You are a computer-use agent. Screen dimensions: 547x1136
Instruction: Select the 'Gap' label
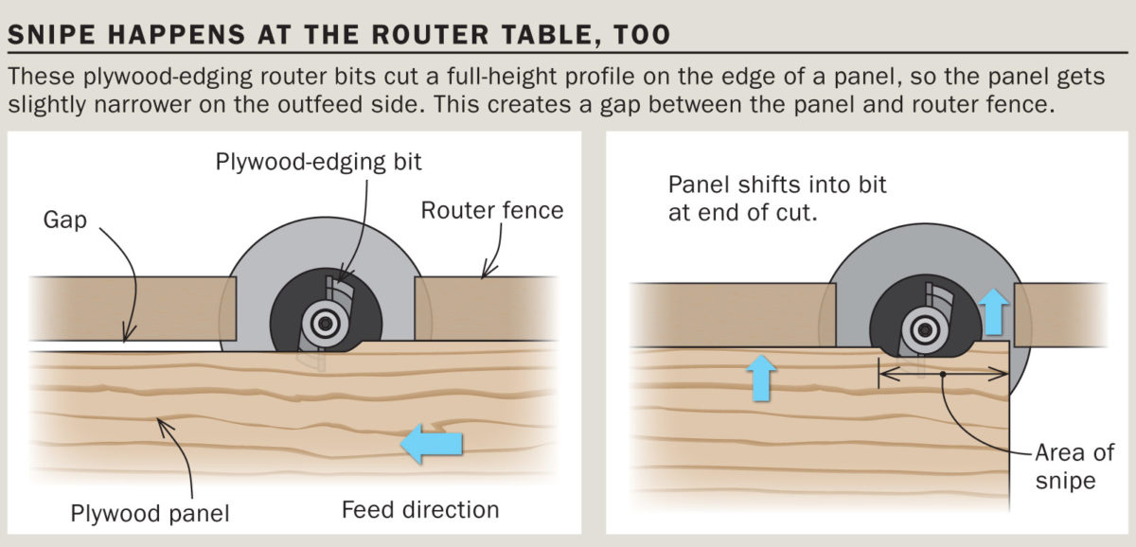(64, 220)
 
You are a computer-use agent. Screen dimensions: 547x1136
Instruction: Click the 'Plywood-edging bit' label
(319, 162)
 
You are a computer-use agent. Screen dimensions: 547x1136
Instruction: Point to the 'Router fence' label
(492, 209)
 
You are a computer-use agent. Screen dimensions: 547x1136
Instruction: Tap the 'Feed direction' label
(420, 510)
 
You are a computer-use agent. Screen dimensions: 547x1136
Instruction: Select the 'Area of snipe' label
(1065, 466)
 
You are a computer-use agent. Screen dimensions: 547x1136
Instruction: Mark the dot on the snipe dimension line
(943, 375)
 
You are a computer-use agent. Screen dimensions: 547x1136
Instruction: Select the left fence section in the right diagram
(729, 313)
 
